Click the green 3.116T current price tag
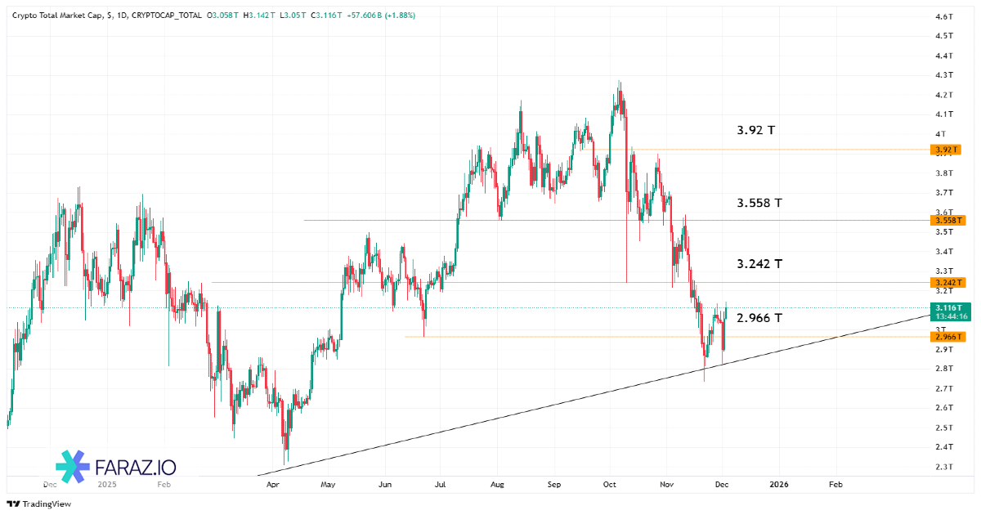(x=948, y=307)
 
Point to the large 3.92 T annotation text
(x=755, y=130)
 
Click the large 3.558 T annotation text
(x=759, y=203)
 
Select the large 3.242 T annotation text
(x=759, y=264)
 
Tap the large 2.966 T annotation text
(x=759, y=318)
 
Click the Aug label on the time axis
(x=498, y=485)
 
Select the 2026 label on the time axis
(x=780, y=485)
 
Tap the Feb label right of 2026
(x=835, y=485)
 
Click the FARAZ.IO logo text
(x=136, y=468)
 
